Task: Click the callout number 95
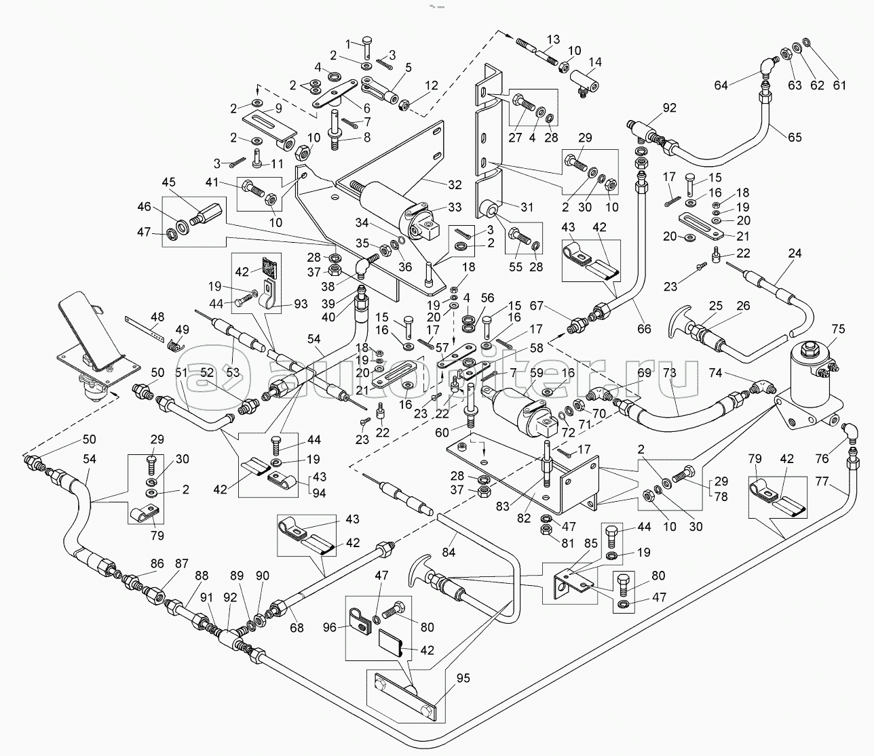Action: pyautogui.click(x=463, y=677)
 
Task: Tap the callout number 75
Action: pyautogui.click(x=838, y=330)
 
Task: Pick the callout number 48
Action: pyautogui.click(x=157, y=317)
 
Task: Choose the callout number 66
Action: pyautogui.click(x=644, y=329)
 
